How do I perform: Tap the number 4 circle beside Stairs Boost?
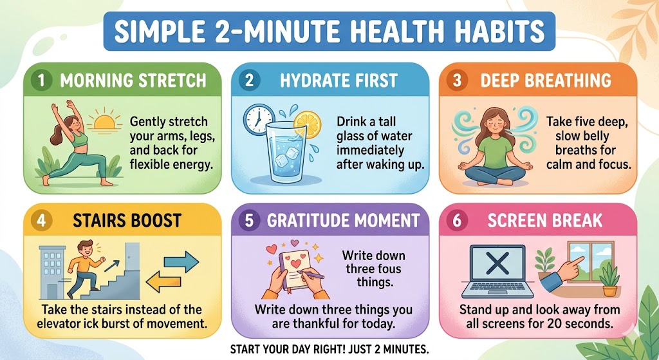pyautogui.click(x=40, y=220)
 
